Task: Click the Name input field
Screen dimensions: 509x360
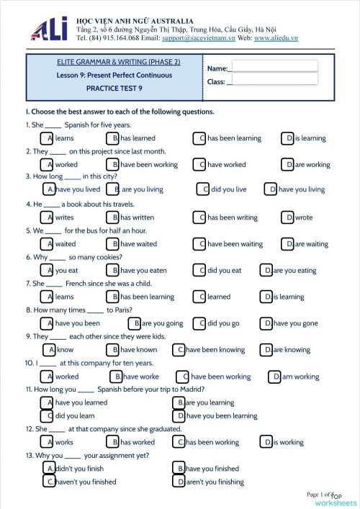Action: click(x=274, y=66)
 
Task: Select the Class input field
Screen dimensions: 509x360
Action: click(x=274, y=78)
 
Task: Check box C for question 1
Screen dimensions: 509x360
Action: click(x=202, y=138)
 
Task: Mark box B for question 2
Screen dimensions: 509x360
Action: click(x=114, y=164)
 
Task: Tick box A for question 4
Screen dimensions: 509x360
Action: click(x=49, y=217)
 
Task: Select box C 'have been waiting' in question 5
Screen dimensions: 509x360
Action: click(x=202, y=243)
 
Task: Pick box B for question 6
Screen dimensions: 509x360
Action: click(x=114, y=270)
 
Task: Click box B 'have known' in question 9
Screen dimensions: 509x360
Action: click(x=114, y=350)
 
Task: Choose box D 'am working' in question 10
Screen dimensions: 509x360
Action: click(x=276, y=376)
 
